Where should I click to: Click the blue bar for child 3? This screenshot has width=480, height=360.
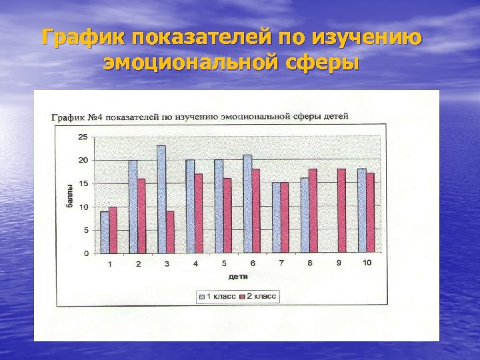point(161,199)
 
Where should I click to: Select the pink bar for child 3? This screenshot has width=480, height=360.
point(170,232)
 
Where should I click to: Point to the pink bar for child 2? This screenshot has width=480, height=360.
point(141,216)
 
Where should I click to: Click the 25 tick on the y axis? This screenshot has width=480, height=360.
point(83,137)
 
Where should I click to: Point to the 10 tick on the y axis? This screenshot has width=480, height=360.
point(83,207)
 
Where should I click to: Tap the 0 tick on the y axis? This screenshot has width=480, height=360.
point(85,253)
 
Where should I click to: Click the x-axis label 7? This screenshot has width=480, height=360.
point(281,263)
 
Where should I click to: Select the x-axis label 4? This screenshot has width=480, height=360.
point(195,263)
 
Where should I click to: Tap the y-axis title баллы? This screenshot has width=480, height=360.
point(69,197)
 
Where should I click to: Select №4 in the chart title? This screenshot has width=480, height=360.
point(91,117)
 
